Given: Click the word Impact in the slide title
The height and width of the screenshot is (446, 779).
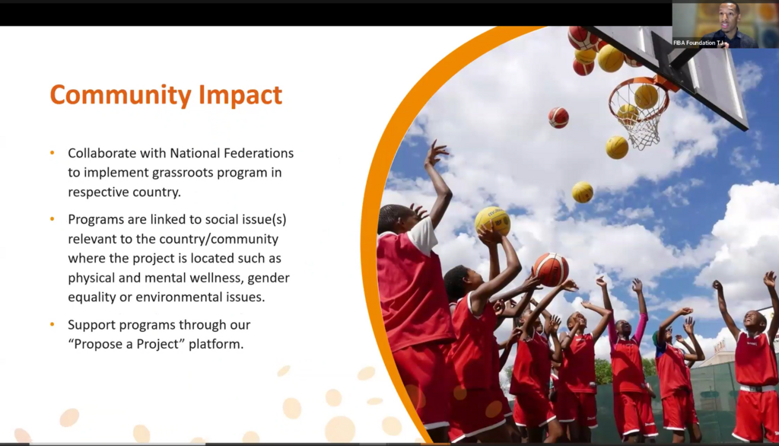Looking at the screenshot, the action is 240,94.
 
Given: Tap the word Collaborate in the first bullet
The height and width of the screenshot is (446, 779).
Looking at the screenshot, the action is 102,153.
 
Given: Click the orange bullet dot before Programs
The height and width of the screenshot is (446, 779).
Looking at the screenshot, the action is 52,218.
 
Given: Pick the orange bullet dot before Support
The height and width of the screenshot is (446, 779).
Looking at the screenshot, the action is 52,324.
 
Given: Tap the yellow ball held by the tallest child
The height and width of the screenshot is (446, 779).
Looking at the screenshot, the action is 492,221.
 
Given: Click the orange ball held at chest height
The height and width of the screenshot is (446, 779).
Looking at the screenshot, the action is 551,269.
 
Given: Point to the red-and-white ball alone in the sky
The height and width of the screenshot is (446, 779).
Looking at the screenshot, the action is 558,118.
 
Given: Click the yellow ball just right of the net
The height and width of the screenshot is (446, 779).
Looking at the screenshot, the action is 616,148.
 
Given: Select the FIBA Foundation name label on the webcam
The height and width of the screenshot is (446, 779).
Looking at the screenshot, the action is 698,43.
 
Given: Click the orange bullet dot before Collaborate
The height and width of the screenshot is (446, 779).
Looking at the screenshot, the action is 52,153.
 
